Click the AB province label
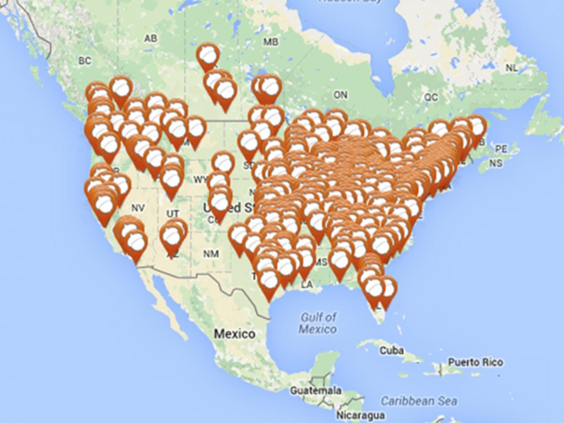150,38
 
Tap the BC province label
84,61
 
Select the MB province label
270,42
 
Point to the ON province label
340,95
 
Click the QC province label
431,97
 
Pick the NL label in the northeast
511,68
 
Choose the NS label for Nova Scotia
496,163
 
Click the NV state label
138,208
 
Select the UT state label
173,214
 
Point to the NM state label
211,254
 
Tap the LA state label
307,284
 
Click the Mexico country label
234,333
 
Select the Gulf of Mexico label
318,323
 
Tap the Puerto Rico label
475,362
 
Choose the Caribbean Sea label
418,400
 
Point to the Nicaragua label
360,415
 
